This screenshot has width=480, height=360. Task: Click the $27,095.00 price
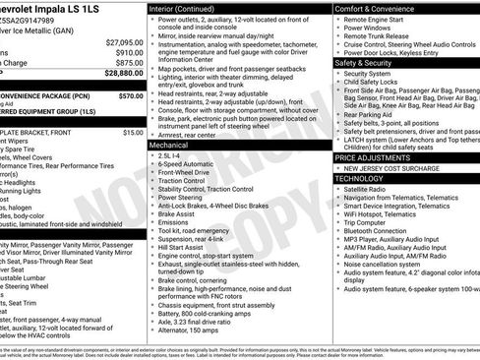tap(123, 42)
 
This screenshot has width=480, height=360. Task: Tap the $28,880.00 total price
tap(123, 73)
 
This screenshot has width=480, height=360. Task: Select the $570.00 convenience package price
tap(129, 97)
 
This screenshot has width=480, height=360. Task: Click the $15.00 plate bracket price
tap(133, 132)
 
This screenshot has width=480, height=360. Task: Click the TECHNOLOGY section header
tap(359, 179)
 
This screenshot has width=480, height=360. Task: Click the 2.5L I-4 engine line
tap(168, 155)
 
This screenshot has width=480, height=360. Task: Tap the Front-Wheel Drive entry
tap(182, 173)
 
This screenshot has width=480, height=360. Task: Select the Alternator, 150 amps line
tap(189, 330)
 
